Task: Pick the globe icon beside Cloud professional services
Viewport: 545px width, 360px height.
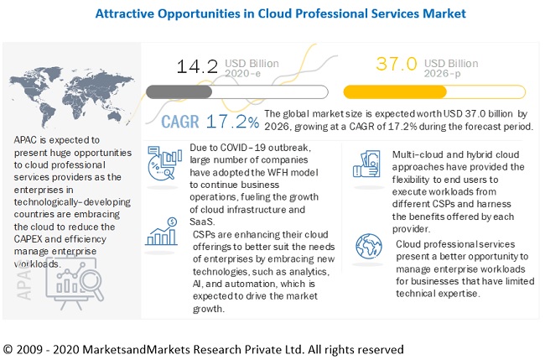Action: pos(369,246)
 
